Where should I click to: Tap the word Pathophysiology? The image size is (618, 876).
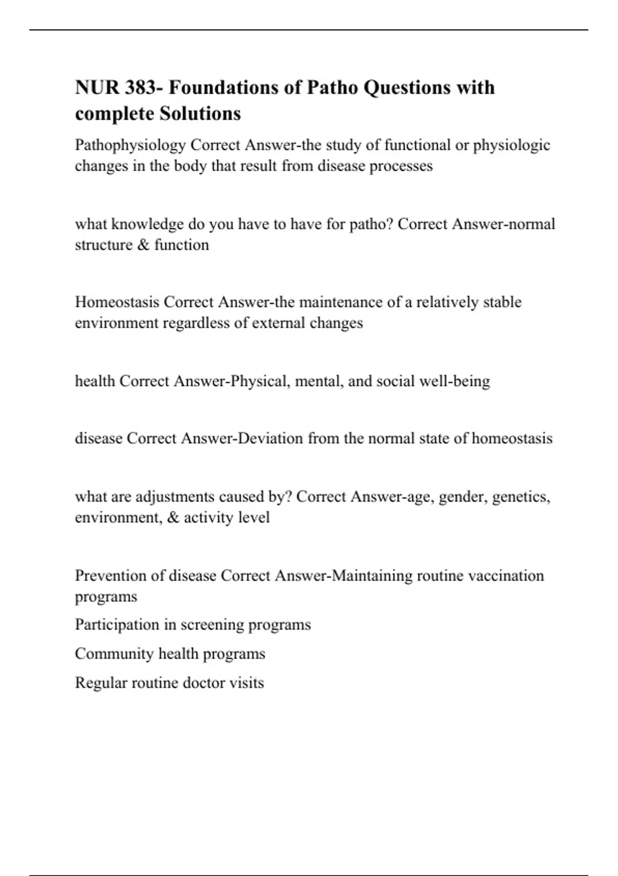(x=130, y=145)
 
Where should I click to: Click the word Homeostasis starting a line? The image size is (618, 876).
(x=117, y=302)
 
